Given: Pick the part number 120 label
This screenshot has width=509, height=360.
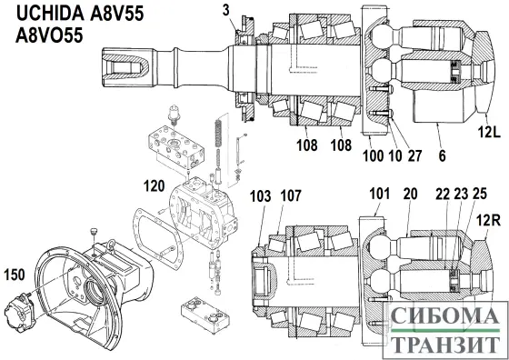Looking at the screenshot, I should (x=155, y=187).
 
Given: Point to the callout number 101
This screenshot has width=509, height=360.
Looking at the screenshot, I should (x=378, y=194).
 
